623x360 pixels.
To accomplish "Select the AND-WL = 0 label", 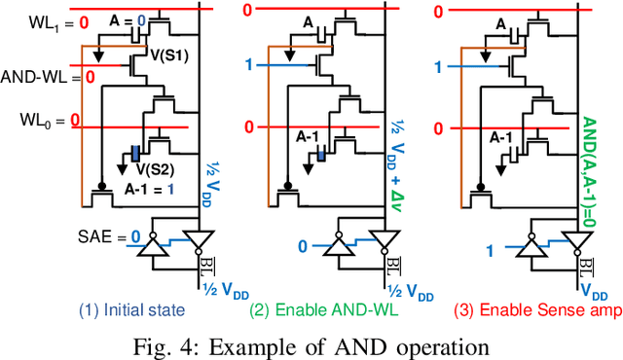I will pyautogui.click(x=44, y=75).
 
